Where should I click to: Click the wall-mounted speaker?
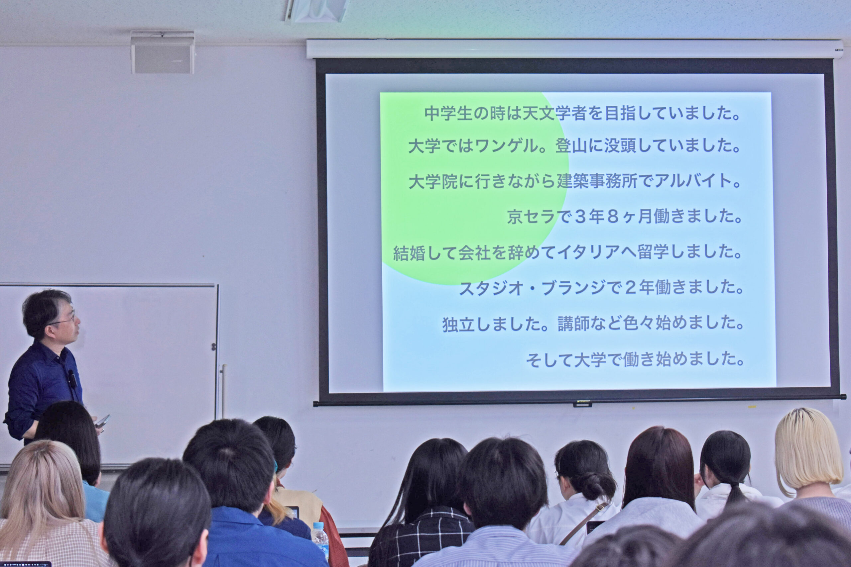[x=163, y=53]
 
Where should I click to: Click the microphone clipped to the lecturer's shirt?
[x=72, y=378]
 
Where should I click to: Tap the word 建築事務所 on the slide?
[x=597, y=181]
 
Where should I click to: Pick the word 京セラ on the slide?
[x=531, y=217]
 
